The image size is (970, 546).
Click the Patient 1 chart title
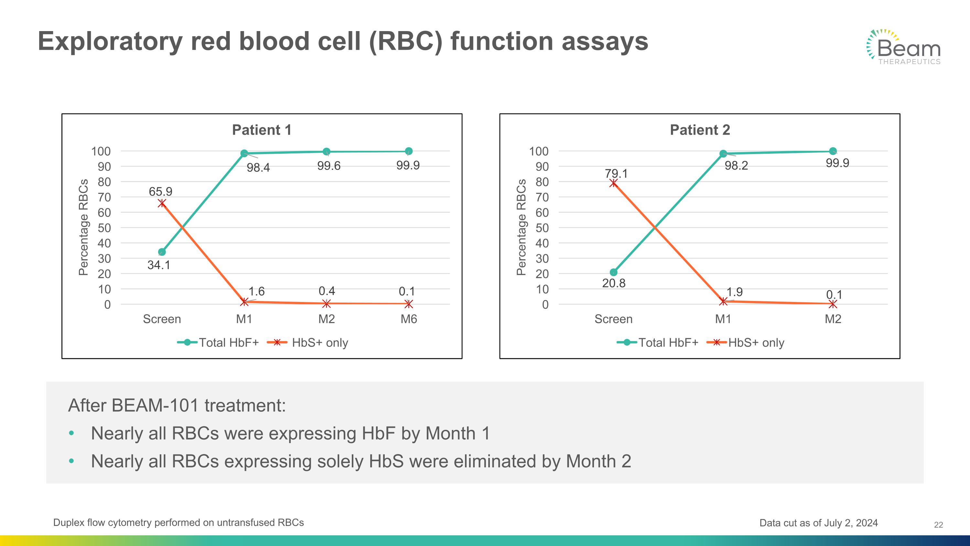click(x=261, y=130)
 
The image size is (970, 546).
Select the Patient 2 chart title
click(x=700, y=130)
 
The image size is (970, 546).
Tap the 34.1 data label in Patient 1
click(x=158, y=265)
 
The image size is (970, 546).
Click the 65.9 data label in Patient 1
click(x=160, y=191)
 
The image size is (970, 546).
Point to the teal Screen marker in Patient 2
click(x=613, y=272)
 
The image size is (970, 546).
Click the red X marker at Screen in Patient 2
click(x=613, y=183)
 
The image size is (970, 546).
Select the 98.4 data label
click(x=258, y=168)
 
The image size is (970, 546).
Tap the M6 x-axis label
click(x=409, y=319)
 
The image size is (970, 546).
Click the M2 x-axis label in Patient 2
click(x=833, y=319)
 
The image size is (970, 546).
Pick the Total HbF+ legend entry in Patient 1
click(x=218, y=342)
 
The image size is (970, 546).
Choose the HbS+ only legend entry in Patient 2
click(x=746, y=342)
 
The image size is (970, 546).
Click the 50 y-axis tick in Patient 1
click(x=104, y=228)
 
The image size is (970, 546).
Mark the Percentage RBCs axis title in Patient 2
click(x=521, y=227)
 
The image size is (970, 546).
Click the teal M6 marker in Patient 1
click(x=409, y=151)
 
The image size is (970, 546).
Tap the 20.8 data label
click(x=613, y=283)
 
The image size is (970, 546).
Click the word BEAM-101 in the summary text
click(x=155, y=406)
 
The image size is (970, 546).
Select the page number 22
click(x=938, y=525)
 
